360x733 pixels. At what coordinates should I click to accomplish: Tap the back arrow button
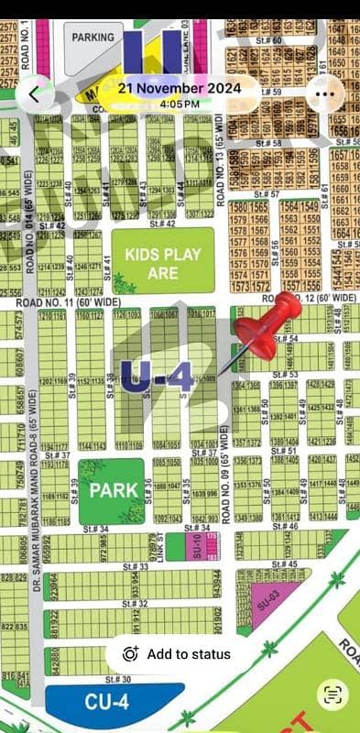(35, 93)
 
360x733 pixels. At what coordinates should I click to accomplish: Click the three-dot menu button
(323, 93)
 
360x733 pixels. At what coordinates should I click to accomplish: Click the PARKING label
(94, 38)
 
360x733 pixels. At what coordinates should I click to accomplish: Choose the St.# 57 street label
(267, 195)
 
